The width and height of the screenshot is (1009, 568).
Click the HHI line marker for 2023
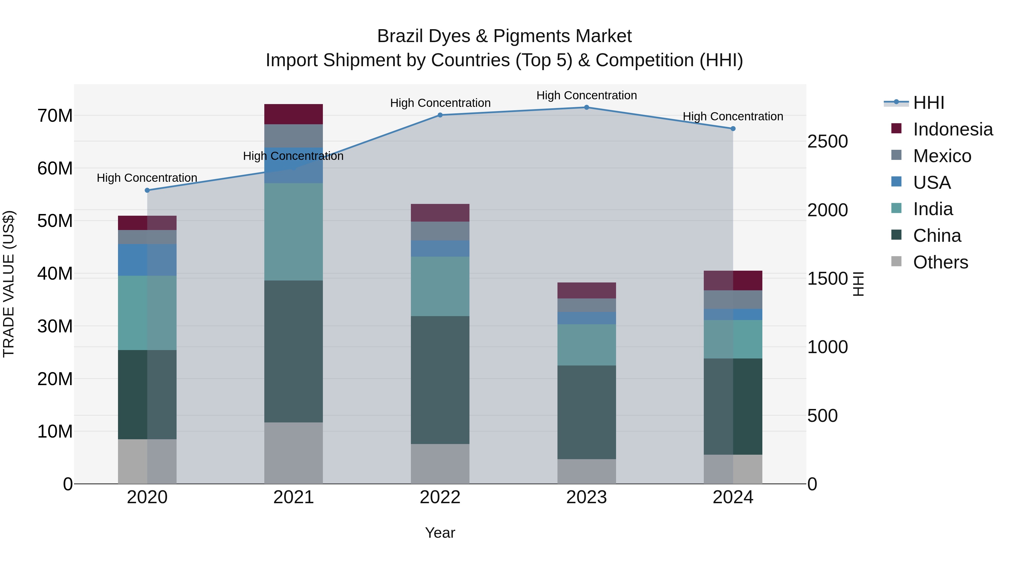586,107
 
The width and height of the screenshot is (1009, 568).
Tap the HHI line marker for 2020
147,190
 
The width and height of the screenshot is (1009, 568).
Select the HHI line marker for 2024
733,128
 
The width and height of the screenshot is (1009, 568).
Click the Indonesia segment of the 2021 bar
293,114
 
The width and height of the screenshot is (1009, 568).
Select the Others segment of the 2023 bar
586,471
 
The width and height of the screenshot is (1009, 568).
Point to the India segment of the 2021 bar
293,232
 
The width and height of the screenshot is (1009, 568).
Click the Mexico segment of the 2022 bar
440,231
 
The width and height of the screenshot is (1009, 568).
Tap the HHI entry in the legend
928,103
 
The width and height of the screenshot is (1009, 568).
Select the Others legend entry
940,262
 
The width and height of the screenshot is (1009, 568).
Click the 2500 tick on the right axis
827,142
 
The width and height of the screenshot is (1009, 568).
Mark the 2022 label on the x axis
440,497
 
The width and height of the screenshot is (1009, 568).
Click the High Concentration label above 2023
586,95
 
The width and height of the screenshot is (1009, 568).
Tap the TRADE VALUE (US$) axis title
9,284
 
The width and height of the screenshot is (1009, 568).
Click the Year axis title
440,533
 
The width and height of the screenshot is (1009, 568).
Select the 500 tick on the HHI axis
822,415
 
